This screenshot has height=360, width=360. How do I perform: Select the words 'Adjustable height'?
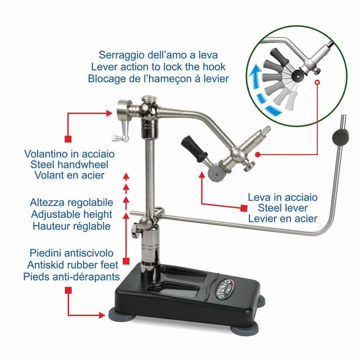(x=71, y=214)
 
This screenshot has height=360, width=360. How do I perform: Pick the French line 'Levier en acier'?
(x=283, y=219)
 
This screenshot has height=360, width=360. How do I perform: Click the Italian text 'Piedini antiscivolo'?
(x=71, y=252)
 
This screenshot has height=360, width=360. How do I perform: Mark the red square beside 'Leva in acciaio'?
(x=243, y=208)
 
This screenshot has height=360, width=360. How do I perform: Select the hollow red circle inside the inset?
(x=318, y=83)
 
